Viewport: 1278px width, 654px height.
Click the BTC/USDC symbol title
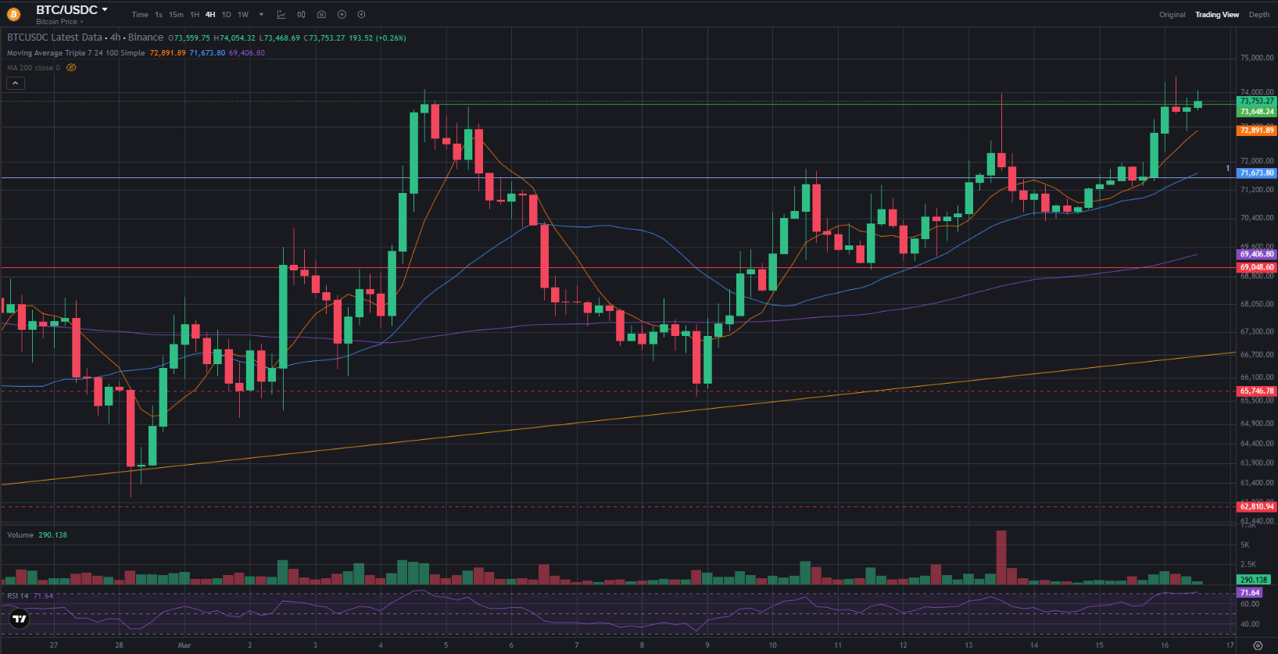tap(67, 10)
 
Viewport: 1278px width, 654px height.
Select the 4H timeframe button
tap(210, 15)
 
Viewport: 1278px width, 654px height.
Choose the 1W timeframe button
tap(243, 15)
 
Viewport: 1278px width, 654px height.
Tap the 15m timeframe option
tap(176, 15)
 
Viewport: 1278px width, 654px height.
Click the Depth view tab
tap(1258, 15)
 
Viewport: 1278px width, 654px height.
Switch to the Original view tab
tap(1172, 15)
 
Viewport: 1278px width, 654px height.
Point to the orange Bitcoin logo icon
tap(14, 14)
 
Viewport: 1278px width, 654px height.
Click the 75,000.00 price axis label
tap(1256, 58)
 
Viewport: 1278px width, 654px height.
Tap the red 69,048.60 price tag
tap(1256, 267)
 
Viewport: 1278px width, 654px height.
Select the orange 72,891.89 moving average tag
tap(1256, 130)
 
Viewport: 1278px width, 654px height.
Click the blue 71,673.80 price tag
tap(1256, 173)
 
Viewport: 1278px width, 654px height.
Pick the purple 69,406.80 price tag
tap(1256, 254)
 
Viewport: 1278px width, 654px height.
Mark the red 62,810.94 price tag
tap(1256, 506)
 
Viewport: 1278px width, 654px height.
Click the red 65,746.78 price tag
tap(1256, 391)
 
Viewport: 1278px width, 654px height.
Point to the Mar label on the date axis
tap(184, 645)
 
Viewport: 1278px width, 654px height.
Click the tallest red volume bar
tap(1001, 556)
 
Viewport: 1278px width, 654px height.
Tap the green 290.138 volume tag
tap(1253, 580)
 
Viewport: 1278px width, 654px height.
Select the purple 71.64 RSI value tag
tap(1250, 593)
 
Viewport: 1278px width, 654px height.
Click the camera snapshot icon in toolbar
tap(321, 15)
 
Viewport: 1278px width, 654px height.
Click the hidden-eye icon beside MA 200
tap(71, 68)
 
